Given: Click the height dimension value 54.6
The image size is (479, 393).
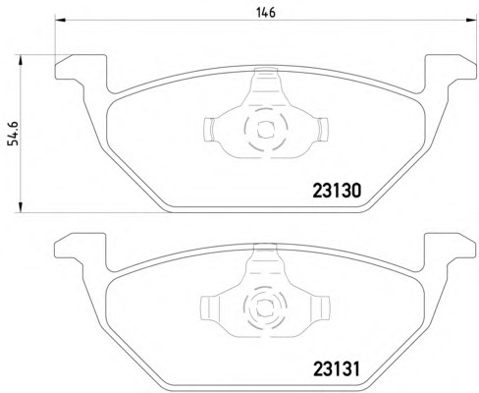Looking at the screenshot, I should click(x=13, y=129).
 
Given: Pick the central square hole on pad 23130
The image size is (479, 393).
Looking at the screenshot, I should click(x=262, y=128).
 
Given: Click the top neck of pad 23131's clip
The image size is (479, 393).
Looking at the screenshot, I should click(x=262, y=258).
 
